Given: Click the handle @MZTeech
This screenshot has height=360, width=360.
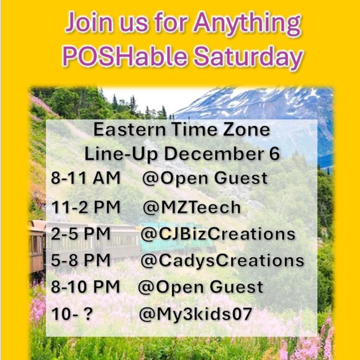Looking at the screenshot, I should pyautogui.click(x=192, y=207).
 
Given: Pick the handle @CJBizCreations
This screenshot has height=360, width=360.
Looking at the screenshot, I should pyautogui.click(x=217, y=234).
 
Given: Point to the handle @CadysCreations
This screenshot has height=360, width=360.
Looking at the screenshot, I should pyautogui.click(x=222, y=261).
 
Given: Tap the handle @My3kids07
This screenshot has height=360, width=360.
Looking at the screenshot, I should pyautogui.click(x=196, y=315).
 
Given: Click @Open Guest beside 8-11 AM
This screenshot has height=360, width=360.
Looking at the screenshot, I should pyautogui.click(x=205, y=179).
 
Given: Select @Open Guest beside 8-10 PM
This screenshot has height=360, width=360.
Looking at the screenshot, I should pyautogui.click(x=200, y=287).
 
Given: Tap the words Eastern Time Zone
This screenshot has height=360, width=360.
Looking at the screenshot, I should pyautogui.click(x=181, y=130).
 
